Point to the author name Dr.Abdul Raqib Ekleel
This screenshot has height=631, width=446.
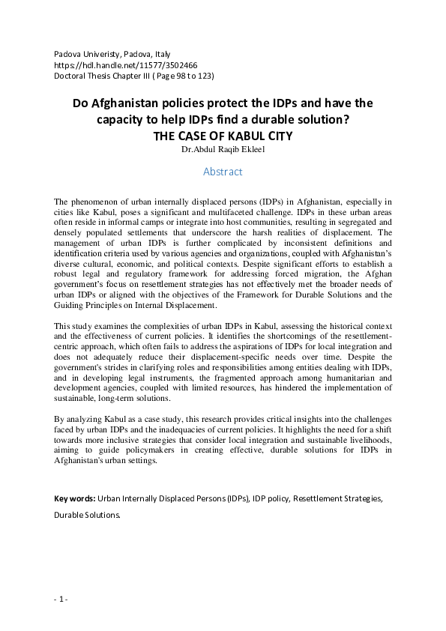click(223, 149)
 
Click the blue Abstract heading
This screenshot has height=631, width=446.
click(223, 172)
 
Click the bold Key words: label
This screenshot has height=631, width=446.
click(75, 499)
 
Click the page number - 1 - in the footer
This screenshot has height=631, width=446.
click(61, 599)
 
